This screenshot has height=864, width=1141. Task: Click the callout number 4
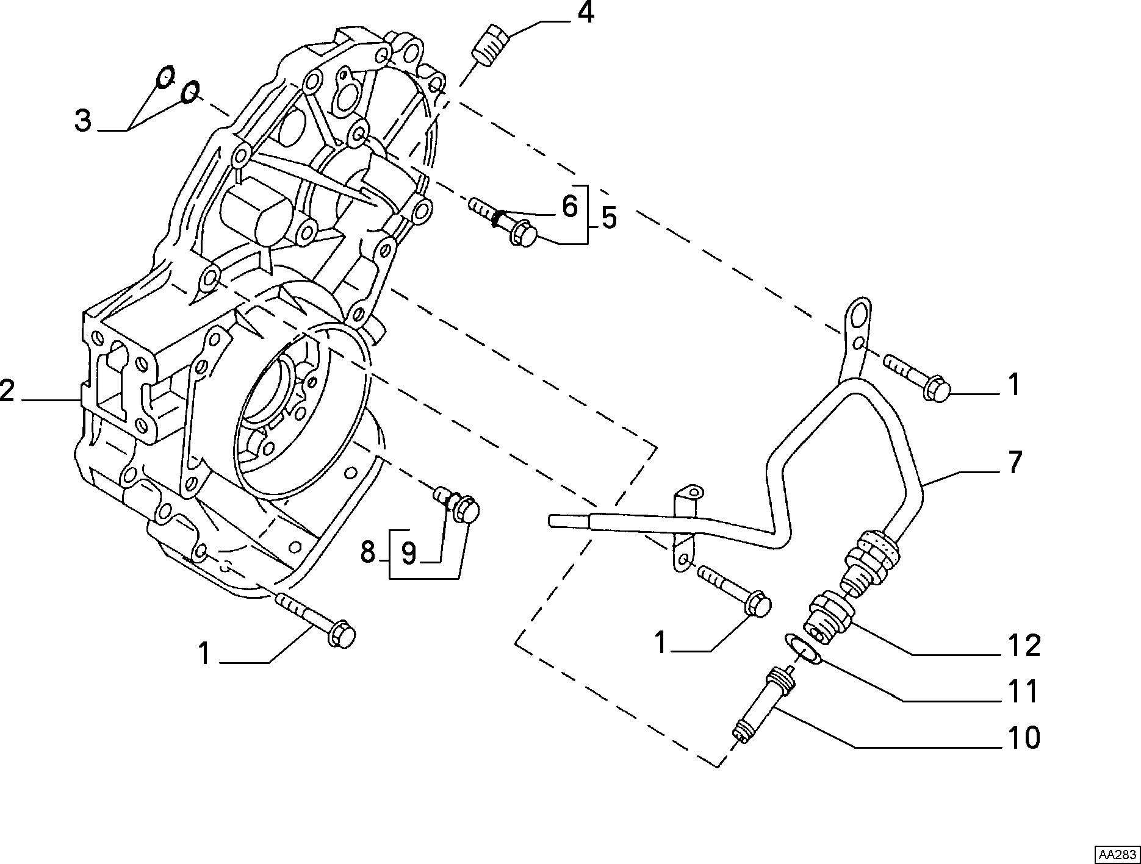586,13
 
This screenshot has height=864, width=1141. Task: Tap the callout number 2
7,390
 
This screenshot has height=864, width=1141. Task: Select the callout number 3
83,120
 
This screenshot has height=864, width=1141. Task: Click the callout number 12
1024,645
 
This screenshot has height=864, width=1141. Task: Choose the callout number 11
1023,691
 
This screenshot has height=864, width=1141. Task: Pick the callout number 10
1024,738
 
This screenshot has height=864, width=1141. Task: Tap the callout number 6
569,207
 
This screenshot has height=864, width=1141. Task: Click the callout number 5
608,218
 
